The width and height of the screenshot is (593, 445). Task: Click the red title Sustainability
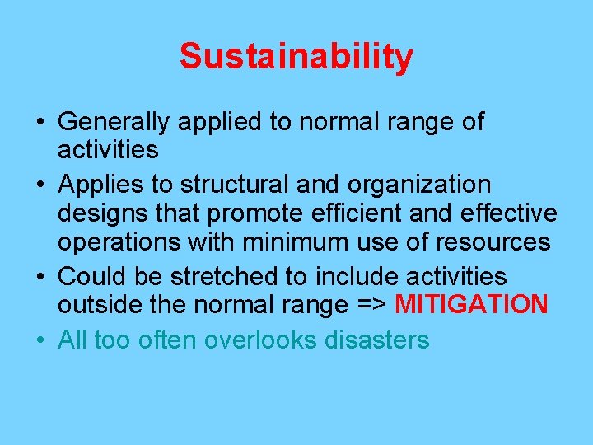point(296,57)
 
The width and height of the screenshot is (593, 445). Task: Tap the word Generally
point(114,122)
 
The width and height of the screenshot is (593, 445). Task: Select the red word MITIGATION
point(472,305)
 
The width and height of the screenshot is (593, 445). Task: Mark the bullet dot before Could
point(41,276)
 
